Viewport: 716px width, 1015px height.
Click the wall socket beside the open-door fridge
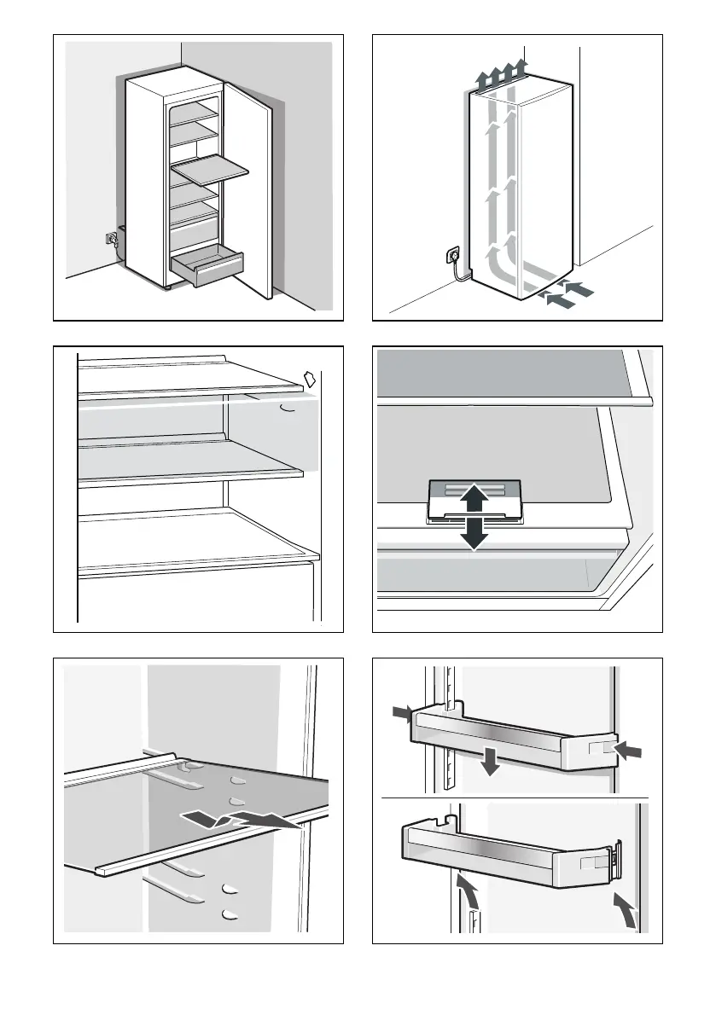(x=109, y=240)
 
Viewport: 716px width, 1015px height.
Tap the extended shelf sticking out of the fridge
(x=210, y=170)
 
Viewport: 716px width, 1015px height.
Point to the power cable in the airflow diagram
(x=461, y=271)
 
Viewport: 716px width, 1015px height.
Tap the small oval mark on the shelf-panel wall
(x=288, y=409)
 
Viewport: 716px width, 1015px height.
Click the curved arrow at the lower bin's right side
(x=627, y=912)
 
